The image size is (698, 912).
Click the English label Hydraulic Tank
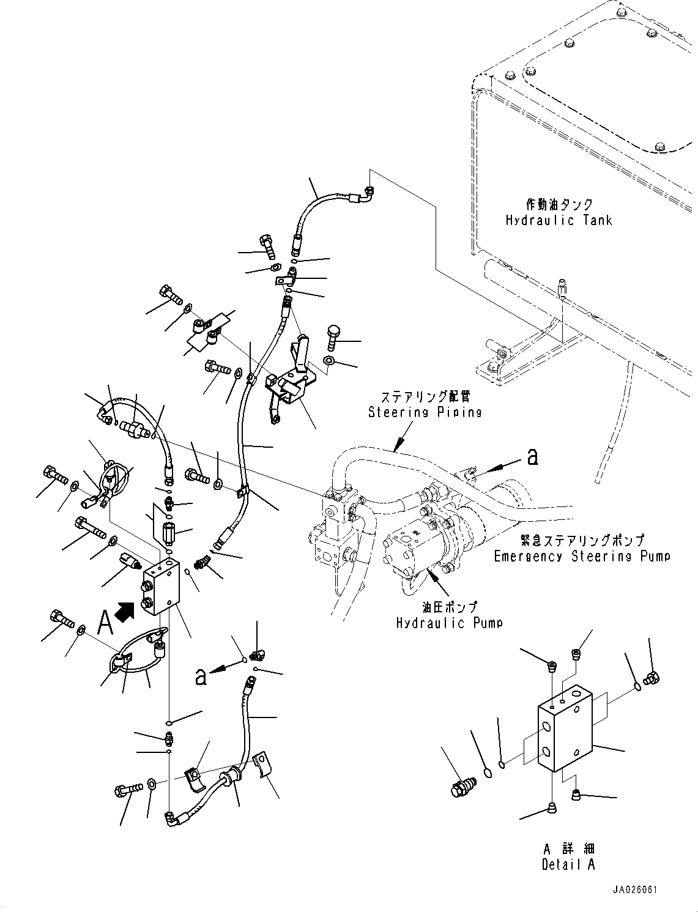[559, 220]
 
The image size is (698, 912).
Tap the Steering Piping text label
[425, 412]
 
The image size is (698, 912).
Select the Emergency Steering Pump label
[582, 556]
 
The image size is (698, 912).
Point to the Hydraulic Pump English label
[450, 623]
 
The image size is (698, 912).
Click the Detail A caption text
[568, 864]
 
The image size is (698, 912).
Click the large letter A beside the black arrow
[105, 623]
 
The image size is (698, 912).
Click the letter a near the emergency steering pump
[533, 456]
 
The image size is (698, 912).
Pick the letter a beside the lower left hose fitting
[200, 676]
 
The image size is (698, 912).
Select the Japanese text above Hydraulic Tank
[559, 204]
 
